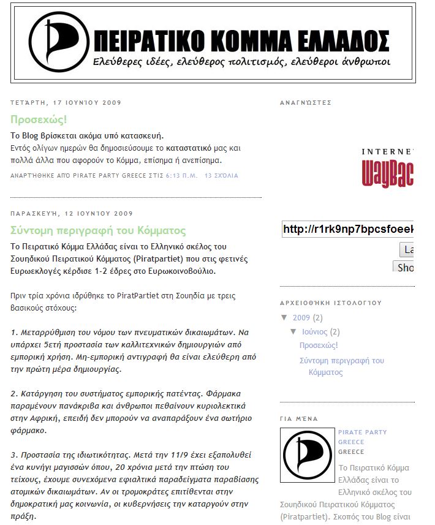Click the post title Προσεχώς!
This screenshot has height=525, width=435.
click(39, 119)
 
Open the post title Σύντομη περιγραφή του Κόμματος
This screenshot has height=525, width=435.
click(98, 230)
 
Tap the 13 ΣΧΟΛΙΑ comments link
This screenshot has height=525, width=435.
click(221, 176)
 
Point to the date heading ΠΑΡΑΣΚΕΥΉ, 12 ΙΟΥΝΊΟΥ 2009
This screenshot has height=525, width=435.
click(72, 214)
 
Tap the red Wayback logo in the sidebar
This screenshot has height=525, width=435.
click(388, 173)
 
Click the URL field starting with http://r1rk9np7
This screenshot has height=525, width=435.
click(347, 230)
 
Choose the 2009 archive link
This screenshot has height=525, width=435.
click(301, 318)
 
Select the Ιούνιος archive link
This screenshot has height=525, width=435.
click(314, 332)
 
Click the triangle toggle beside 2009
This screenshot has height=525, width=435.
click(284, 318)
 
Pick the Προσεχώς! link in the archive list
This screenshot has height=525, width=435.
click(319, 346)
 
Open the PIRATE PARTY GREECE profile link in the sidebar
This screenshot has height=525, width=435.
click(362, 437)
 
